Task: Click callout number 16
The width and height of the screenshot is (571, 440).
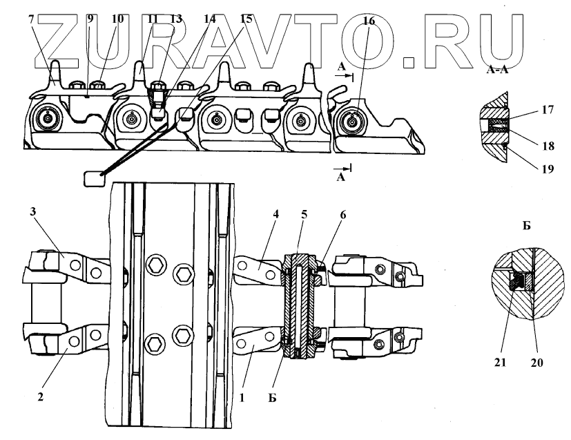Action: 369,21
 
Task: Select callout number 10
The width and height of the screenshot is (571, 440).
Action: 117,19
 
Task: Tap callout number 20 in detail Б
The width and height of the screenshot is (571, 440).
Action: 537,361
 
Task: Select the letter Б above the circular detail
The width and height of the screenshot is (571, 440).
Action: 526,226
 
